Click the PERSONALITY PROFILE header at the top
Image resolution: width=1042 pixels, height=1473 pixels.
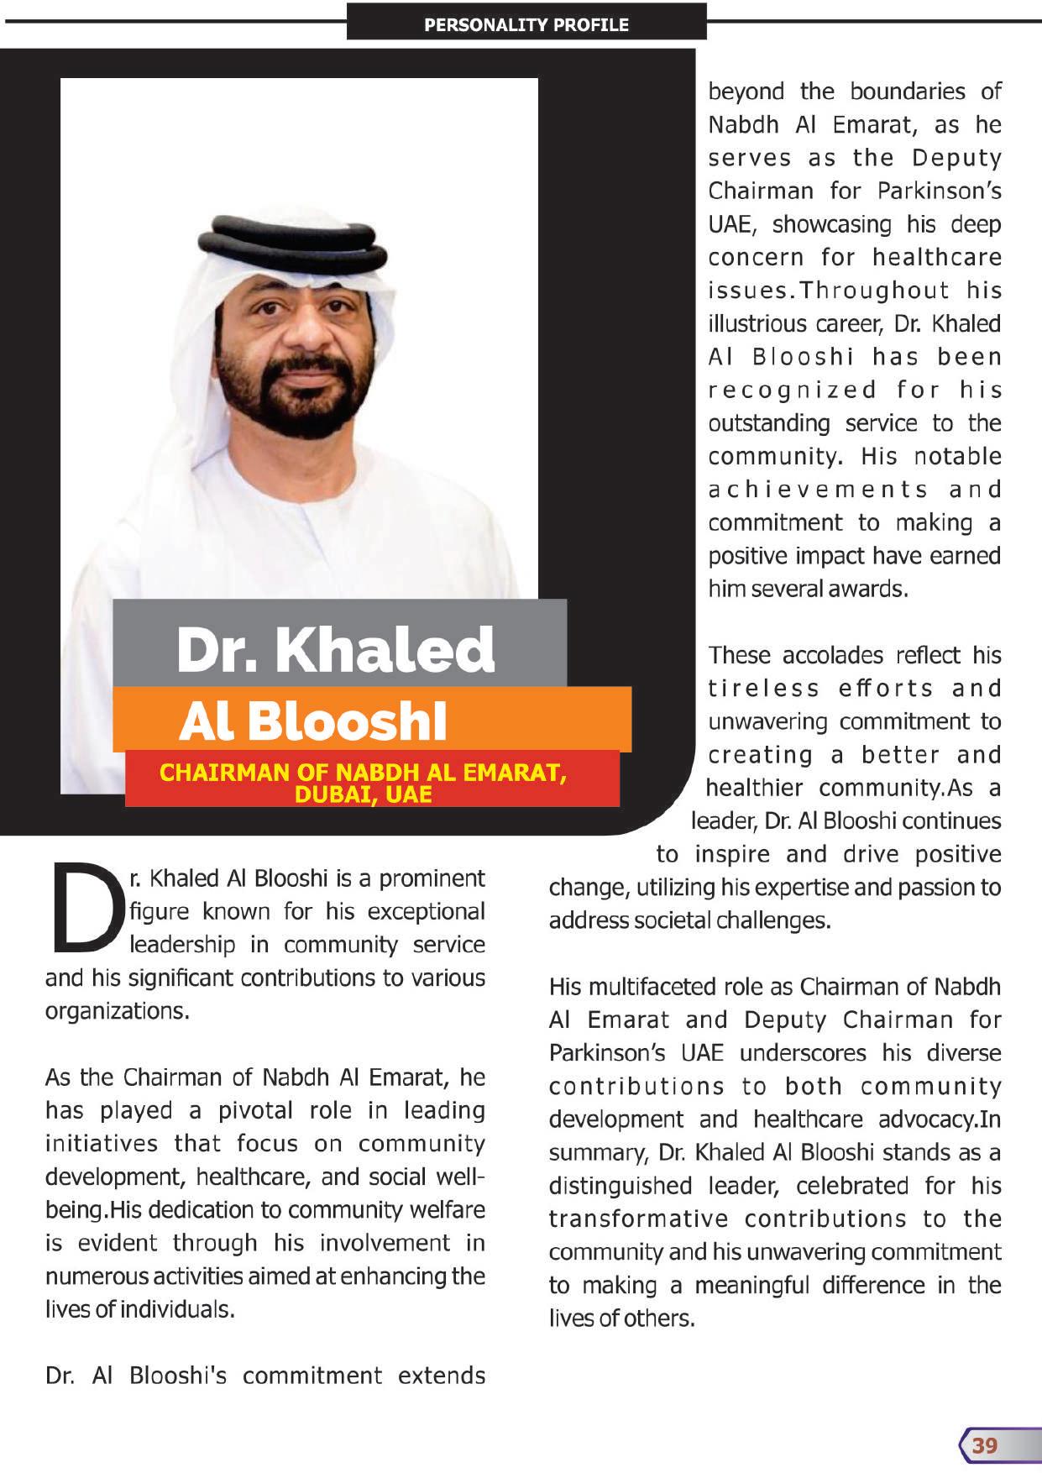click(526, 25)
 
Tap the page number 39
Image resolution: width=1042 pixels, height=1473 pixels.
click(985, 1445)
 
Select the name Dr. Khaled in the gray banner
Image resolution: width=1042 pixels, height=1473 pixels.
click(335, 648)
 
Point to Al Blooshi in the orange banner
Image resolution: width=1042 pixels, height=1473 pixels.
click(313, 721)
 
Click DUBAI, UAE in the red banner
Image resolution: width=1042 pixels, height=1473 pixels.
click(364, 794)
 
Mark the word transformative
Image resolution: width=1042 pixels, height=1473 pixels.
click(638, 1219)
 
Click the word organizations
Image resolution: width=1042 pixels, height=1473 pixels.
click(117, 1011)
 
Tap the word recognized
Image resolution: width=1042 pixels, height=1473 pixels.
click(792, 391)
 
